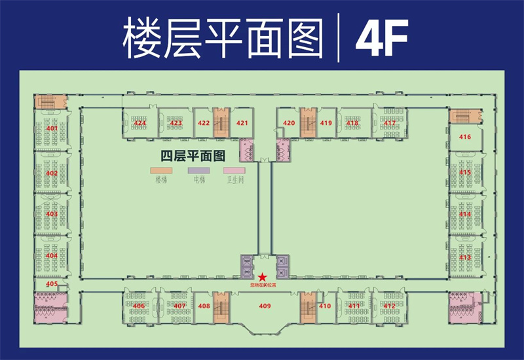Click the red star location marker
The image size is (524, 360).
tap(263, 278)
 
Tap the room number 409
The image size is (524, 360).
tap(265, 306)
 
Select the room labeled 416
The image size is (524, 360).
tap(465, 137)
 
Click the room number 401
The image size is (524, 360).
tap(52, 128)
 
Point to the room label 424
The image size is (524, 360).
tap(140, 123)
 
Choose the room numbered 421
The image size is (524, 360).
tap(242, 123)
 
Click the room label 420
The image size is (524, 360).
tap(289, 123)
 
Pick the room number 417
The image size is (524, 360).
tap(390, 123)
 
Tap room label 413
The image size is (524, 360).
tap(465, 258)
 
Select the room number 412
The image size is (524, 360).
tap(390, 306)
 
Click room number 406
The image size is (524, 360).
tap(139, 306)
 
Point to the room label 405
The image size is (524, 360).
tap(52, 284)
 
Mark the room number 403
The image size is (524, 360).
tap(52, 214)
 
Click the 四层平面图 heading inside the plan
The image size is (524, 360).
tap(193, 156)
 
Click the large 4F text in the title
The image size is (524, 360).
tap(382, 38)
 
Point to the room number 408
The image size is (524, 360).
tap(204, 306)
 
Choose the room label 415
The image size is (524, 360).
tap(465, 172)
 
